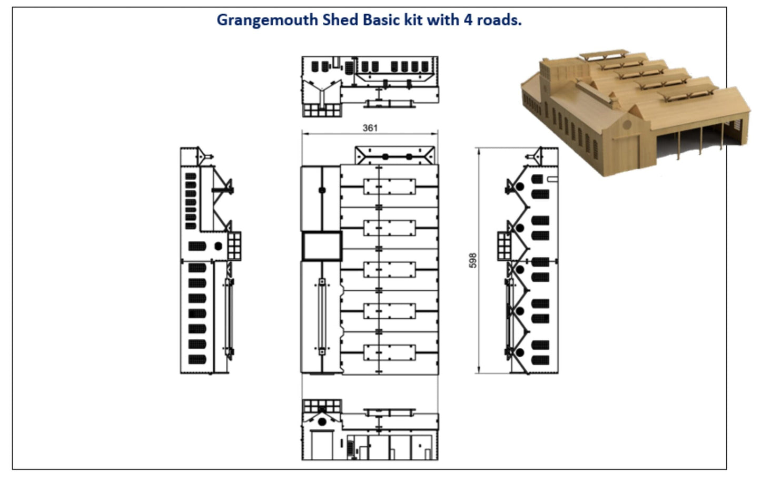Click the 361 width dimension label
coord(370,128)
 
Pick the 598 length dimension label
coord(472,260)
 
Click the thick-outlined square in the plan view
coord(322,246)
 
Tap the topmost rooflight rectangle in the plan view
coord(389,186)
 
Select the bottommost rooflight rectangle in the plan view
coord(389,352)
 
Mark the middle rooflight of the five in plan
coord(389,269)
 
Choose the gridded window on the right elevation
coord(505,246)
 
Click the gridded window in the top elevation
coord(321,110)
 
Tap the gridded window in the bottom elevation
coord(321,406)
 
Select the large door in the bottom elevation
coord(321,445)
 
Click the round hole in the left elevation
coord(218,246)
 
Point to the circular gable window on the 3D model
coord(626,125)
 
